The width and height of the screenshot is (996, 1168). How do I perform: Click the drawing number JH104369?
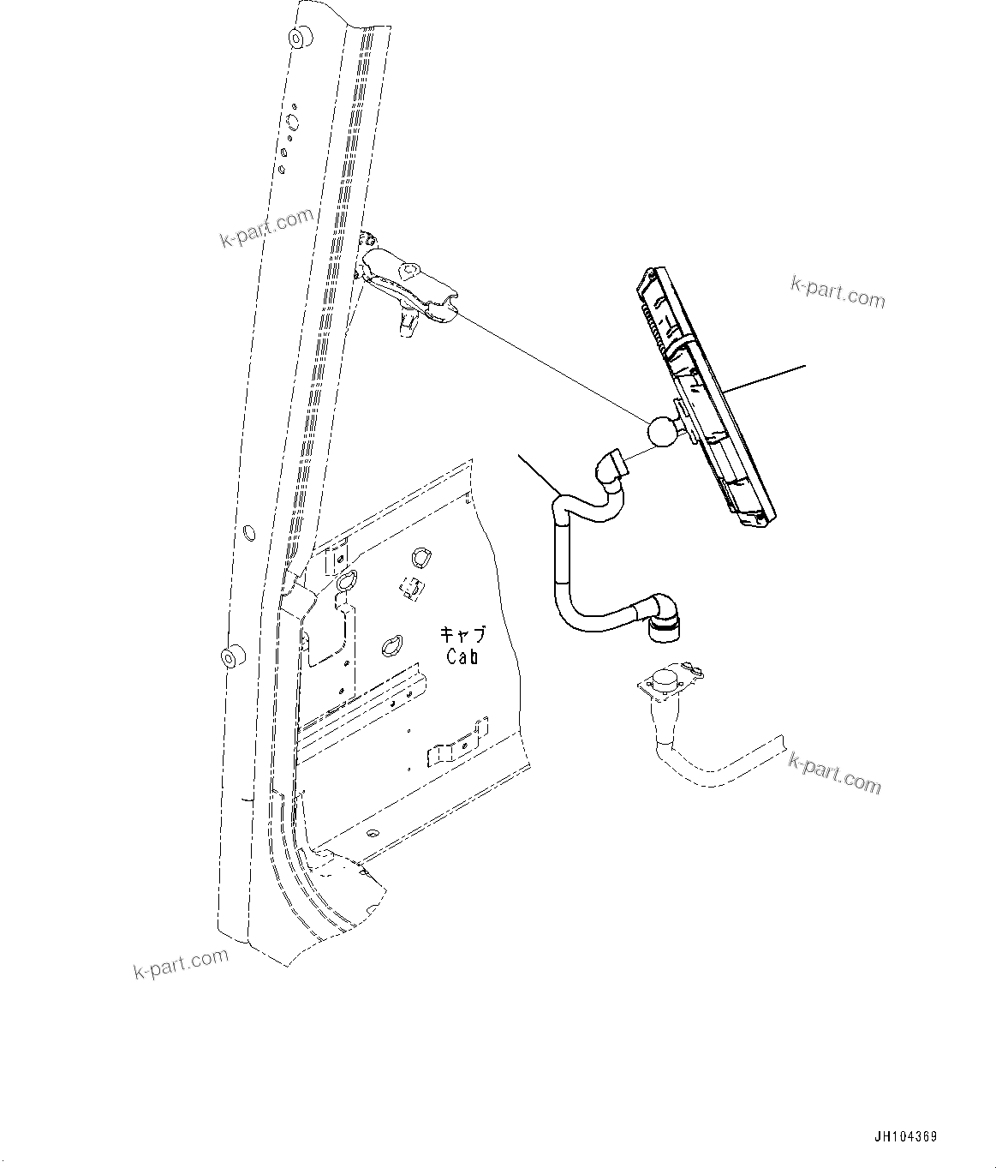[905, 1137]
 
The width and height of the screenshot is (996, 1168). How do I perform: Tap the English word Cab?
[462, 656]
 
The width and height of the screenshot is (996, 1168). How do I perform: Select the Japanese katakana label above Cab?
[462, 635]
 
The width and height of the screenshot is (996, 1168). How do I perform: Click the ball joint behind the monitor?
[661, 430]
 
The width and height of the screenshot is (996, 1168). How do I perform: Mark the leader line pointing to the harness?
[536, 474]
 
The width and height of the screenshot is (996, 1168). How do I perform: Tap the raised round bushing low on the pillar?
[230, 658]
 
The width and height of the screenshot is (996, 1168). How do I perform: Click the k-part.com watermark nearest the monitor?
[837, 292]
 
